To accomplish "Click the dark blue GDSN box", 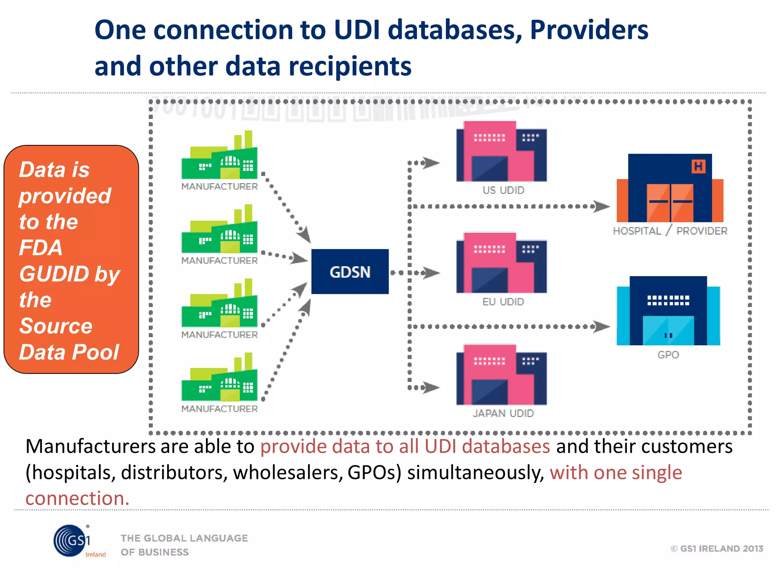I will pos(350,272).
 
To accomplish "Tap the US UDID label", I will pos(503,190).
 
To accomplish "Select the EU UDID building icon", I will pos(501,263).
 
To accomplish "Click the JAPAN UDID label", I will pos(503,413).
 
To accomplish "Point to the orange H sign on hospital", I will pos(698,166).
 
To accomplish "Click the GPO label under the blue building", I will pos(668,355).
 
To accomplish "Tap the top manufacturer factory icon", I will pos(220,156).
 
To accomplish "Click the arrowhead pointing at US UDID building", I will pos(432,163).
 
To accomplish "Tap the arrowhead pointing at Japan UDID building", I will pos(432,388).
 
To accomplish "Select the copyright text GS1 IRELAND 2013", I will pos(717,549).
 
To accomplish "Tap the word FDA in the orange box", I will pos(41,248).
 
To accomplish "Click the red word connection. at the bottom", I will pos(77,498).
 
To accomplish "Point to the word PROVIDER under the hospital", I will pos(702,231).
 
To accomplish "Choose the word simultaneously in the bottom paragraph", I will pos(476,472).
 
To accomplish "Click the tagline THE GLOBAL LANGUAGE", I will pos(184,538).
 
